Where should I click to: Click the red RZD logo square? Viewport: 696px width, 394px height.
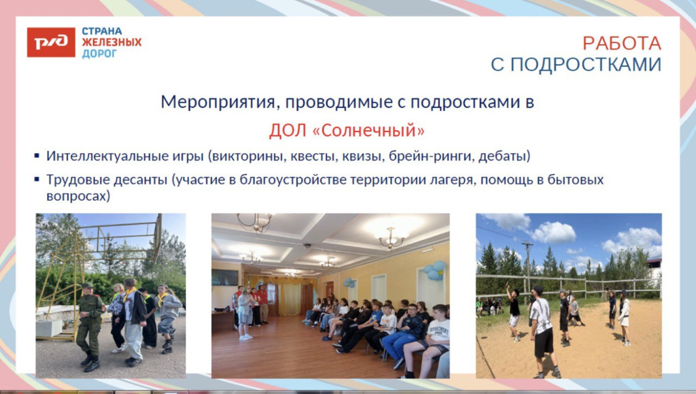[x=51, y=42]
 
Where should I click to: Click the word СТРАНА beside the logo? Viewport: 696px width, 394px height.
[x=102, y=31]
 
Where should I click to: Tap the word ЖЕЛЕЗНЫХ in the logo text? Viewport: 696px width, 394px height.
[x=111, y=42]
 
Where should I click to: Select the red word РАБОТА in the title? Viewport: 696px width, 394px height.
[x=621, y=43]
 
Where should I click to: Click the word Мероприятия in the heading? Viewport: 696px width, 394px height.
[x=207, y=102]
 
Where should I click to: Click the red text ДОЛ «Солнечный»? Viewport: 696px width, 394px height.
[x=346, y=130]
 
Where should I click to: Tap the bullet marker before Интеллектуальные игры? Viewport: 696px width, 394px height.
[x=37, y=156]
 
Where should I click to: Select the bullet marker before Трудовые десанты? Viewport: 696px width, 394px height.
[x=37, y=180]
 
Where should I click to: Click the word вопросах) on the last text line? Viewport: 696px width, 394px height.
[x=78, y=196]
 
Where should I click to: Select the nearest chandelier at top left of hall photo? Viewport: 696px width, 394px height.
[x=255, y=221]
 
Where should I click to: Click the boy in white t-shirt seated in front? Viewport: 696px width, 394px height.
[x=434, y=339]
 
